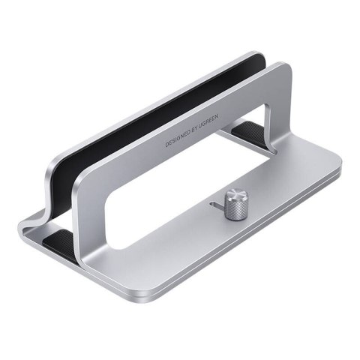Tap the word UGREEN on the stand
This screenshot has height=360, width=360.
click(x=208, y=121)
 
